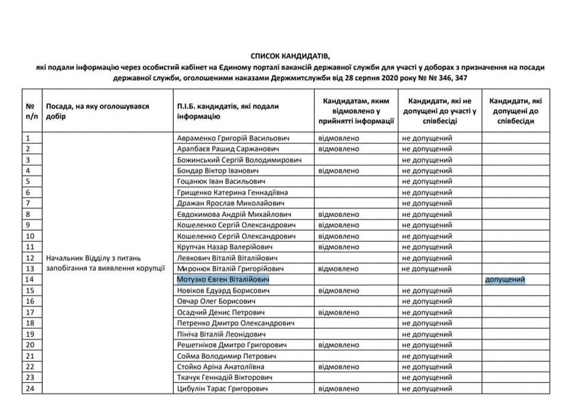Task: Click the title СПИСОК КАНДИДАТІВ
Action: [x=289, y=56]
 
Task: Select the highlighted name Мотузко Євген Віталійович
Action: [x=223, y=280]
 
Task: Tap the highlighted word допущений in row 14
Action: [x=505, y=280]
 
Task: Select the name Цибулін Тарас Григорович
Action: [x=223, y=389]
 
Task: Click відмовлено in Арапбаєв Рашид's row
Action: [x=338, y=149]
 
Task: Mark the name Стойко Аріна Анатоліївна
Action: [x=221, y=367]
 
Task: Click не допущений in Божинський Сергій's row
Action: [x=427, y=160]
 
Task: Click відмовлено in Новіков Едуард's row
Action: [x=338, y=291]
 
